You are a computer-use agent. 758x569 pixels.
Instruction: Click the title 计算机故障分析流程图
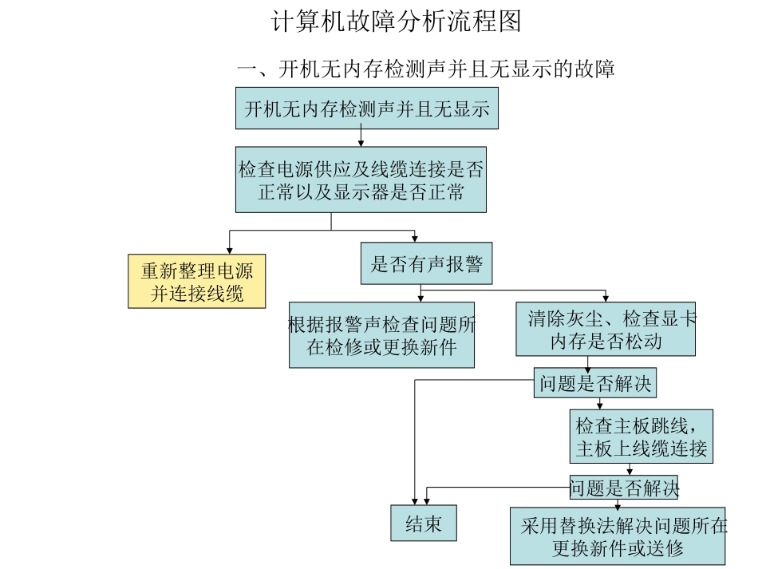pos(397,22)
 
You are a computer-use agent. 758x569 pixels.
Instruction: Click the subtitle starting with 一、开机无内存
pos(425,69)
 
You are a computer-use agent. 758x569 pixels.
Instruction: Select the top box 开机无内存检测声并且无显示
pos(366,109)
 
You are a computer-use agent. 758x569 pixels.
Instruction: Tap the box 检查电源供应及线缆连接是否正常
pos(361,180)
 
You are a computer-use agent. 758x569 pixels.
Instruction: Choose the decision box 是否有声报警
pos(426,264)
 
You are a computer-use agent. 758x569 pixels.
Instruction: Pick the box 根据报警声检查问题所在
pos(381,335)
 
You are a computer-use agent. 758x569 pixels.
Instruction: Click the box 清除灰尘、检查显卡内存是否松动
pos(605,330)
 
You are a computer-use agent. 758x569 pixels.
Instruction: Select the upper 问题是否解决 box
pos(594,385)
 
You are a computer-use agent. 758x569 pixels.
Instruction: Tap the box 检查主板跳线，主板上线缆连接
pos(641,436)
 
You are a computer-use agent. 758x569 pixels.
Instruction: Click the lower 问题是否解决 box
pos(623,487)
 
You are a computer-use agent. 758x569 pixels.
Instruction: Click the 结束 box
pos(423,524)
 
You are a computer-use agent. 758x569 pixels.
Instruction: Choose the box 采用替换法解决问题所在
pos(618,536)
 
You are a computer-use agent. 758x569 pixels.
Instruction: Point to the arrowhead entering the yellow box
pos(230,251)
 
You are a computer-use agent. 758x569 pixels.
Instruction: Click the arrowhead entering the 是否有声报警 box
pos(415,239)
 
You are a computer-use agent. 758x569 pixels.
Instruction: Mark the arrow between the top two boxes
pos(361,137)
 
